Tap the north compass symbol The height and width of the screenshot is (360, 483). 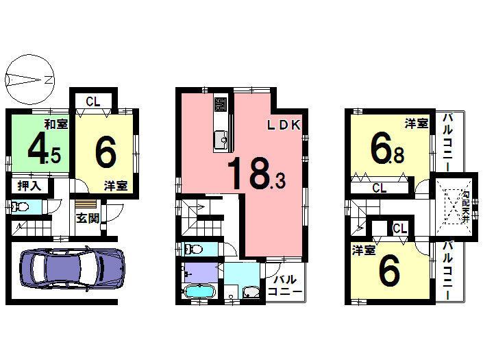(x=27, y=80)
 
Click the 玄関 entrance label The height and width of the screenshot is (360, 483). (x=86, y=219)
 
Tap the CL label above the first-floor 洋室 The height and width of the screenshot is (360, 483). (x=93, y=102)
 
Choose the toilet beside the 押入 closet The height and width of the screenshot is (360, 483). (x=18, y=206)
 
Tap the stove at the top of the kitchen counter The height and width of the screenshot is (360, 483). (x=220, y=105)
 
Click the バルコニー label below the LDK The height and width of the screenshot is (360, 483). (x=285, y=286)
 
